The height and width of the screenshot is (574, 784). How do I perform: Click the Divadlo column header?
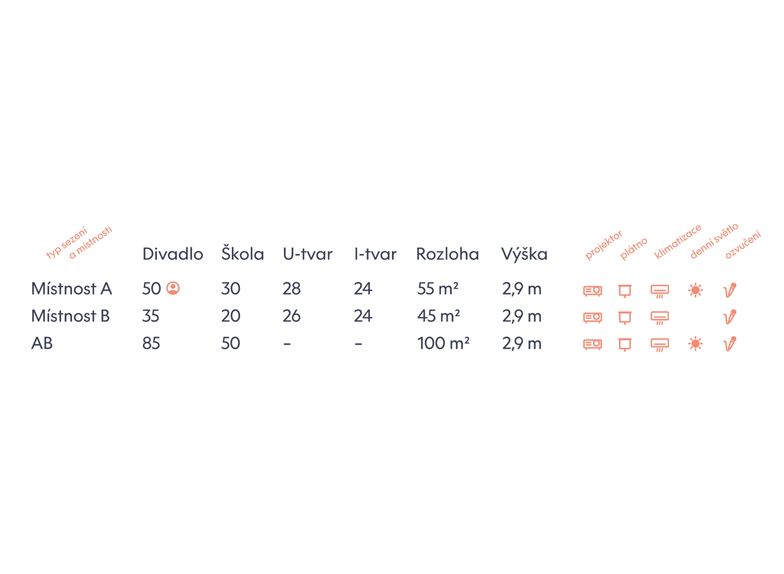[x=172, y=254]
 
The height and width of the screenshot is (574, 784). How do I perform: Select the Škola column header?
[x=242, y=254]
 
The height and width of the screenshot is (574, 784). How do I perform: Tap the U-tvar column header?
[x=308, y=254]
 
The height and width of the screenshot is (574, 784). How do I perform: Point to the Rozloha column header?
[x=447, y=254]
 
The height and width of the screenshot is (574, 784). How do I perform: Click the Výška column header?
[x=524, y=254]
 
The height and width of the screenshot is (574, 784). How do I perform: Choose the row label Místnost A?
[x=72, y=289]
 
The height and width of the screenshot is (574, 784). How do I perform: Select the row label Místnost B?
[x=71, y=316]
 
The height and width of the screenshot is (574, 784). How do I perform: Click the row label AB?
[x=42, y=344]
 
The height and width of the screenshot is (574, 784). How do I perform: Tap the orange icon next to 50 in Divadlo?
[x=173, y=288]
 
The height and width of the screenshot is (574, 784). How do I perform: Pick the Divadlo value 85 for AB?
[x=151, y=344]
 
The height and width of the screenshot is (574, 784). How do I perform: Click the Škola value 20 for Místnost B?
[x=231, y=316]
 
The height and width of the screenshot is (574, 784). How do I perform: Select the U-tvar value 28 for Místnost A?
[x=292, y=289]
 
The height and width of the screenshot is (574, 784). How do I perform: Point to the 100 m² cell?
[x=443, y=344]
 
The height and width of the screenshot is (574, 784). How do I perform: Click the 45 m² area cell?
[x=438, y=316]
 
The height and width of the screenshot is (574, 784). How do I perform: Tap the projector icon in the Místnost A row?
[x=593, y=291]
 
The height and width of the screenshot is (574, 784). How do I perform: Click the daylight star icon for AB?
[x=695, y=344]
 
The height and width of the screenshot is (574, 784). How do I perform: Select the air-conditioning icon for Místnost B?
[x=660, y=318]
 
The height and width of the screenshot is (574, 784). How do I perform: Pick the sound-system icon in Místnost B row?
[x=730, y=317]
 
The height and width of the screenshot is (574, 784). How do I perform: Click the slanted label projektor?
[x=604, y=245]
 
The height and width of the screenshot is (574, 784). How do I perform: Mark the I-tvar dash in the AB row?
[x=359, y=344]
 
